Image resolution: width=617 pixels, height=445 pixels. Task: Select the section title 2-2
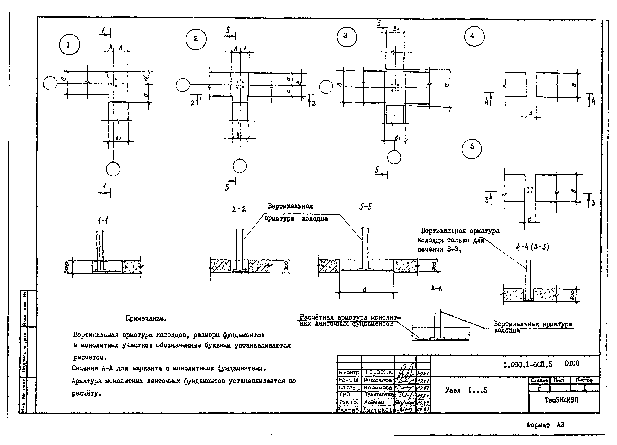[239, 209]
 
